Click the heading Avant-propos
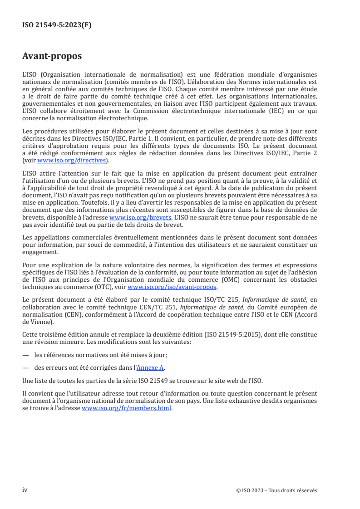click(52, 57)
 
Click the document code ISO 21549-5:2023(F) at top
click(57, 25)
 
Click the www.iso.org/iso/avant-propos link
click(173, 287)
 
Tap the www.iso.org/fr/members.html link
click(126, 408)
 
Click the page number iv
click(25, 490)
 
